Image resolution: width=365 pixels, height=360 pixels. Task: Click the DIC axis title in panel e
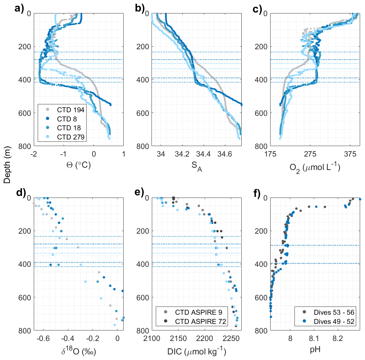(196, 352)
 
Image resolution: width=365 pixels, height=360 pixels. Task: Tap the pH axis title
(315, 350)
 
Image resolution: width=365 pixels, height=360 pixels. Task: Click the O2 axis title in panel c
(315, 168)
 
